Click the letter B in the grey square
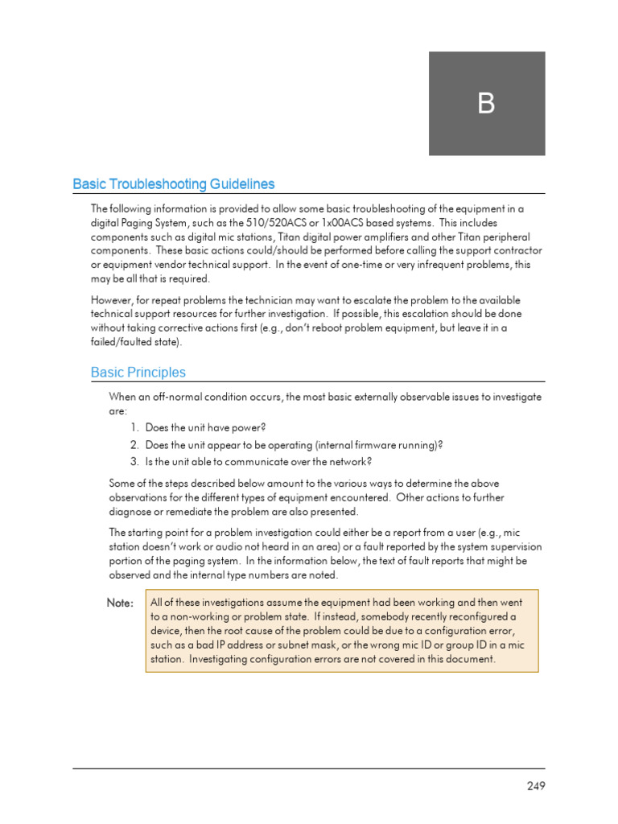pos(486,104)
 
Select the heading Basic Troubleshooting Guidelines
pos(173,184)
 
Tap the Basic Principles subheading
pos(138,373)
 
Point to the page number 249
pos(535,786)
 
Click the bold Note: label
pos(120,604)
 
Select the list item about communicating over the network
pos(258,461)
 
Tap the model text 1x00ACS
pos(340,222)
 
